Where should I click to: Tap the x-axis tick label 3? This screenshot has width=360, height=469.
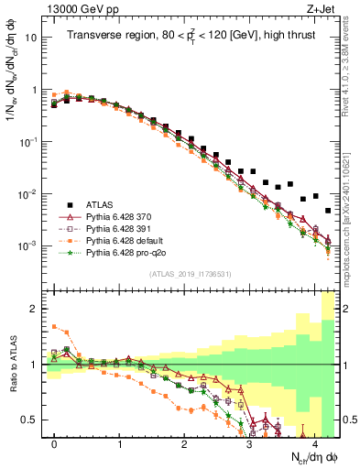click(249, 442)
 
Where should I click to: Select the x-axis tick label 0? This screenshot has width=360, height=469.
click(55, 442)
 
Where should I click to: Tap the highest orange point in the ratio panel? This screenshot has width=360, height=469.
click(55, 326)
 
